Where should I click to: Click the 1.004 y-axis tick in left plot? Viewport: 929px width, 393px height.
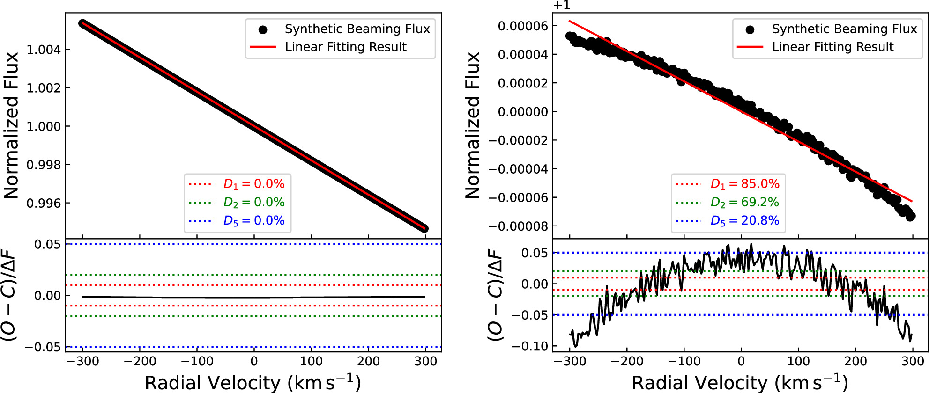point(44,50)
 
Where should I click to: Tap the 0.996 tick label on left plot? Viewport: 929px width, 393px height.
point(44,204)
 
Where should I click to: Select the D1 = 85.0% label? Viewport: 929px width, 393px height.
point(745,184)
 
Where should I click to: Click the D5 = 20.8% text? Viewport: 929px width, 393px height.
point(745,220)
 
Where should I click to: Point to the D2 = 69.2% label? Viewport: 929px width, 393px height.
point(745,202)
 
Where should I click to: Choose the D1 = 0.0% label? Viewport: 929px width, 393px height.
point(254,184)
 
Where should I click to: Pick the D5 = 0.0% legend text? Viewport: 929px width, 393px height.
point(254,220)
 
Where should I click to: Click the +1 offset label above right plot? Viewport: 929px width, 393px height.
point(562,6)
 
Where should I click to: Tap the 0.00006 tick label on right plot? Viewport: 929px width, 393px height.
point(523,26)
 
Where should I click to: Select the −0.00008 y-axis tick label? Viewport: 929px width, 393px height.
point(518,226)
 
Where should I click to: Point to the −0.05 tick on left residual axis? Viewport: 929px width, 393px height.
point(43,347)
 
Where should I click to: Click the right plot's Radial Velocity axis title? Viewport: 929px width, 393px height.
point(740,382)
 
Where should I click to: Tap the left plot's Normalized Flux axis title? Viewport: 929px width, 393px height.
point(11,125)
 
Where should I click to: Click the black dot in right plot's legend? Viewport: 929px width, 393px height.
point(750,29)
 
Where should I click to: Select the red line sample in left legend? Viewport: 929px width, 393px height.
point(263,47)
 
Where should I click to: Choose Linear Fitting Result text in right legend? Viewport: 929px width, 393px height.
point(832,47)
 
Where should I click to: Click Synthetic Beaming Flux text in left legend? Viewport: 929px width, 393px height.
point(357,29)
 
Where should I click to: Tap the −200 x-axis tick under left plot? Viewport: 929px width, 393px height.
point(140,361)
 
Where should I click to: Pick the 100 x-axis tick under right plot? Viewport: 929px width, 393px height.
point(798,361)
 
